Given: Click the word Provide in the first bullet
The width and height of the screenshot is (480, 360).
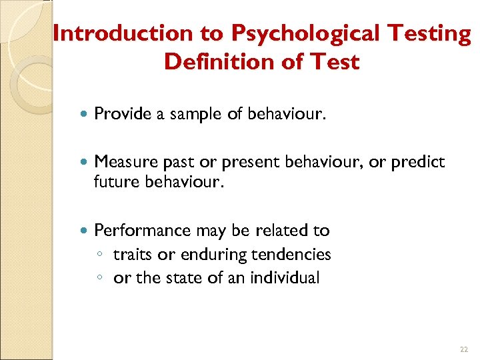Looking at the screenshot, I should point(123,114).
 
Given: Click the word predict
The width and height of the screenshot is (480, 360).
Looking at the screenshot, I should point(417,162).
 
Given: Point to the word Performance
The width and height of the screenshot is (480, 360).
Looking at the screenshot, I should point(143,231).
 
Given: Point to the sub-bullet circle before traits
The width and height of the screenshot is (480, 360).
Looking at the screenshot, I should point(99,255).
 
